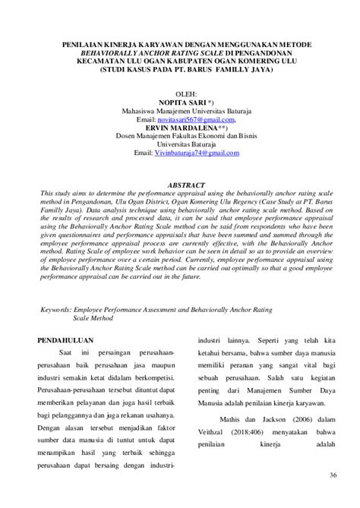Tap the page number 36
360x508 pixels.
click(332, 475)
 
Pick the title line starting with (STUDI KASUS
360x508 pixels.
click(185, 74)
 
